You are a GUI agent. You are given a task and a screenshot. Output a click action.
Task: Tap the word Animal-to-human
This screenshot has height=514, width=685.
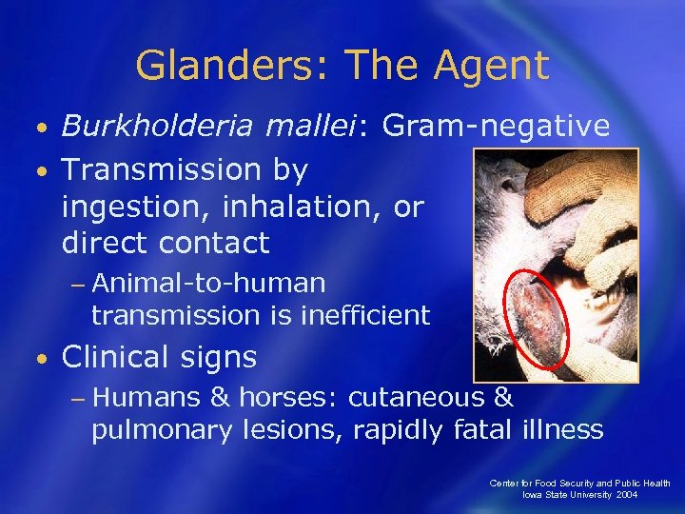tap(210, 283)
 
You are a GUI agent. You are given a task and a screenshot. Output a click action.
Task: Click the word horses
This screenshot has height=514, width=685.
tap(288, 397)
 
